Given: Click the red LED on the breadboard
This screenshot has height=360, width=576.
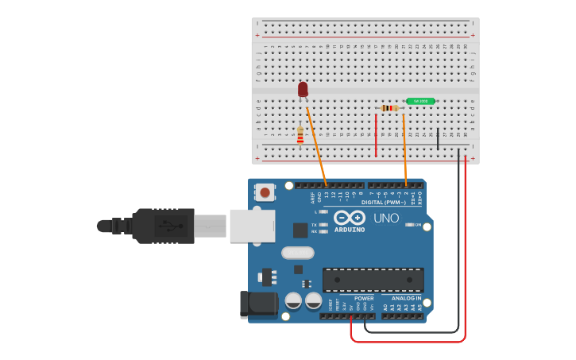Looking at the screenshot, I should (303, 89).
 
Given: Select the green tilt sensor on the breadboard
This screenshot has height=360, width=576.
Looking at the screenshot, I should (420, 101).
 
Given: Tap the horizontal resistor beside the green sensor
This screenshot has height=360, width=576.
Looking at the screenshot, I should (389, 108).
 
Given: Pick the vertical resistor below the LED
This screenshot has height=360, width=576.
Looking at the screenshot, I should (300, 136).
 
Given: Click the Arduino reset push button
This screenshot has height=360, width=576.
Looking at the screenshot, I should (265, 192).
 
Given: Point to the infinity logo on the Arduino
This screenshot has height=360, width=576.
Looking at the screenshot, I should (350, 218).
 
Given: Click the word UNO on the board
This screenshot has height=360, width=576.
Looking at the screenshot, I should (386, 218).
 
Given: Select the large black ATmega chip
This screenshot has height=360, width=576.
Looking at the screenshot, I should (373, 280).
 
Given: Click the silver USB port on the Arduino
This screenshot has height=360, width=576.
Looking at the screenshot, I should (252, 226).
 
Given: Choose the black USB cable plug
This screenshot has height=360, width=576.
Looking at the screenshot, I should (163, 226).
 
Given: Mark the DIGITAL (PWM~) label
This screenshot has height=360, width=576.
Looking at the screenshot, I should (384, 203).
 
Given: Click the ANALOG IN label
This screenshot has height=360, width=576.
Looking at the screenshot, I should (407, 298).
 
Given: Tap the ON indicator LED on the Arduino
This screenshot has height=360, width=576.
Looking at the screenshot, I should (410, 225).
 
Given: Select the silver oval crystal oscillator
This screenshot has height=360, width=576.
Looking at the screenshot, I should (297, 253).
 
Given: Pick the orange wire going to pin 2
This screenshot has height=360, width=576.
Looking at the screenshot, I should (405, 151).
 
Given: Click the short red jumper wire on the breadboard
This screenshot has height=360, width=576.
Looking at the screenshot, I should (376, 135).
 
